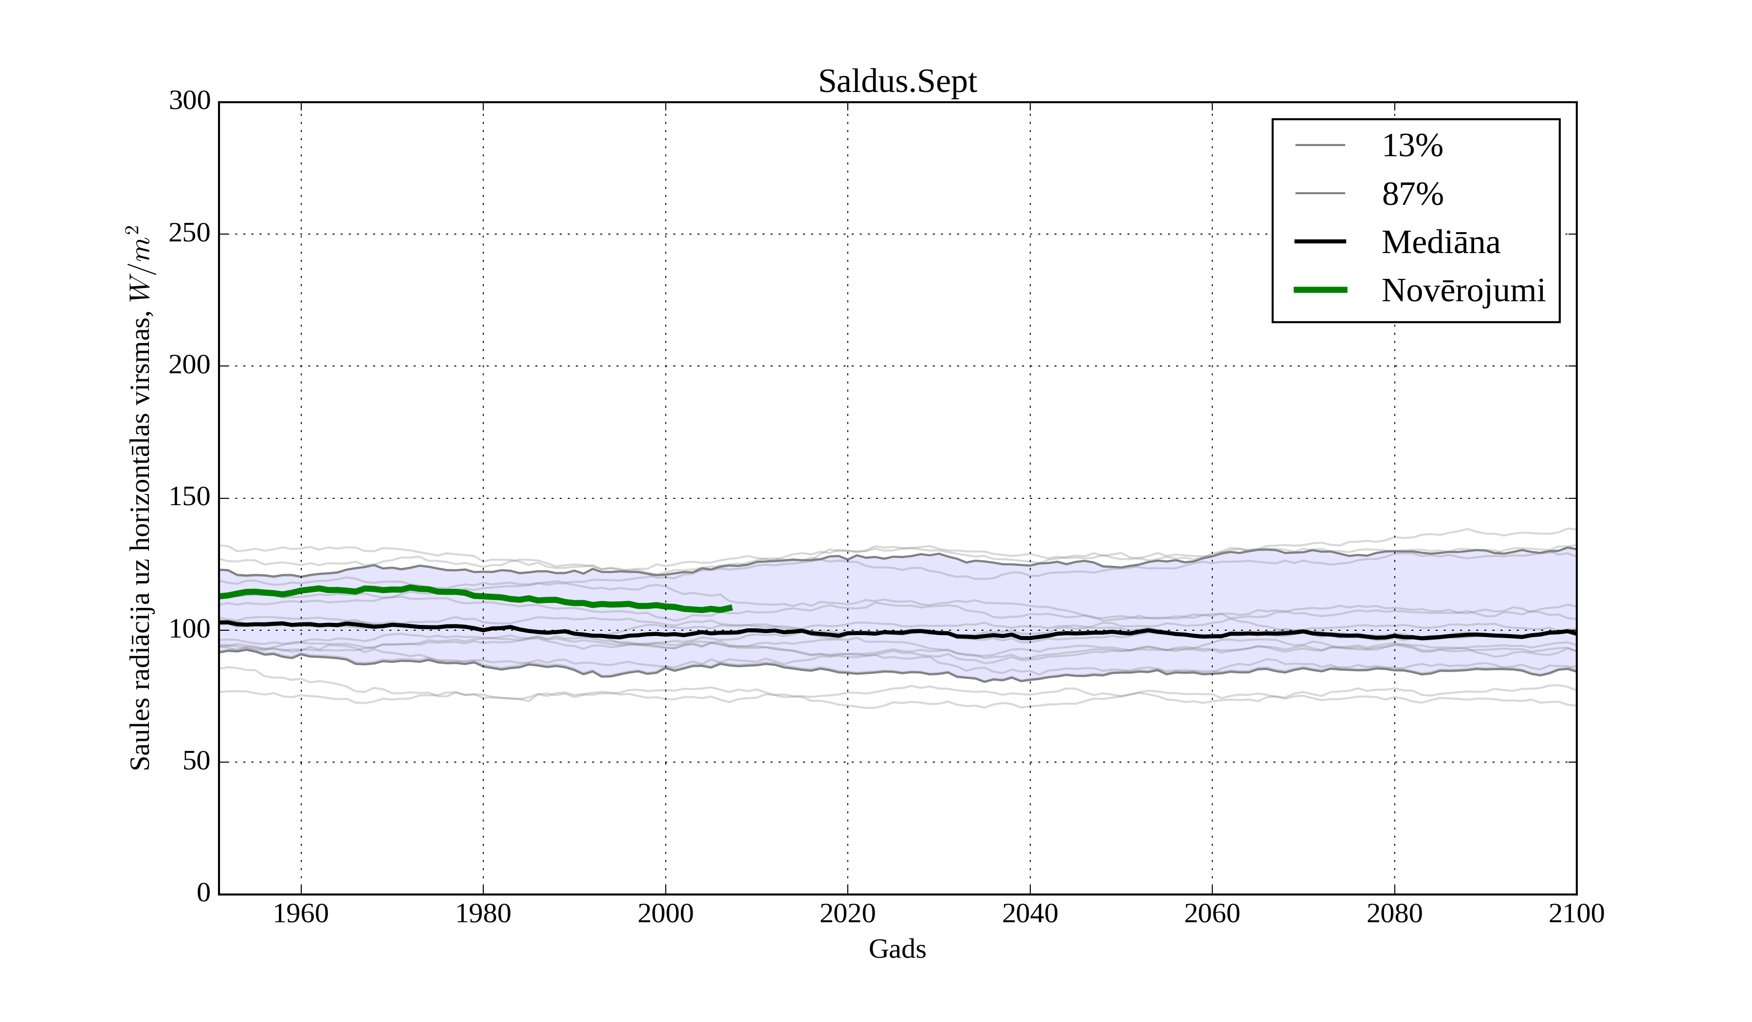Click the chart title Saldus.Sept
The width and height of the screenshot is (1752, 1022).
click(x=897, y=82)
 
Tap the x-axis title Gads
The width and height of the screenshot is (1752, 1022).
click(x=897, y=949)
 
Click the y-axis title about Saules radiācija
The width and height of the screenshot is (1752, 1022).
click(x=141, y=498)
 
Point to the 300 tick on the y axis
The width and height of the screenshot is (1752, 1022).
click(x=190, y=102)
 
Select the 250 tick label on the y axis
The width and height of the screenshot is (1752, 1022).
click(x=190, y=234)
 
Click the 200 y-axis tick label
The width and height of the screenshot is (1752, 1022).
click(x=190, y=365)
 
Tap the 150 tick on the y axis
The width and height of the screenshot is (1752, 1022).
click(x=190, y=498)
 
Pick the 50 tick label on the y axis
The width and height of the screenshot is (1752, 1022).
click(x=196, y=762)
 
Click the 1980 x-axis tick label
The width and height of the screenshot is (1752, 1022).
click(x=483, y=914)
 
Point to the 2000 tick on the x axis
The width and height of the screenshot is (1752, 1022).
click(x=665, y=914)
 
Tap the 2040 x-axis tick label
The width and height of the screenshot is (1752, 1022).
click(x=1030, y=914)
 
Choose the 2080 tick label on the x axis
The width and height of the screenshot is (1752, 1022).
click(x=1394, y=914)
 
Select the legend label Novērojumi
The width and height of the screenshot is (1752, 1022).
click(x=1463, y=291)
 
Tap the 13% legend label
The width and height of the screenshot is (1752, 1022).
click(x=1412, y=146)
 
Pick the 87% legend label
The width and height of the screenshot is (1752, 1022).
click(x=1412, y=194)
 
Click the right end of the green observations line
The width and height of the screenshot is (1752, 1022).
click(x=730, y=608)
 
